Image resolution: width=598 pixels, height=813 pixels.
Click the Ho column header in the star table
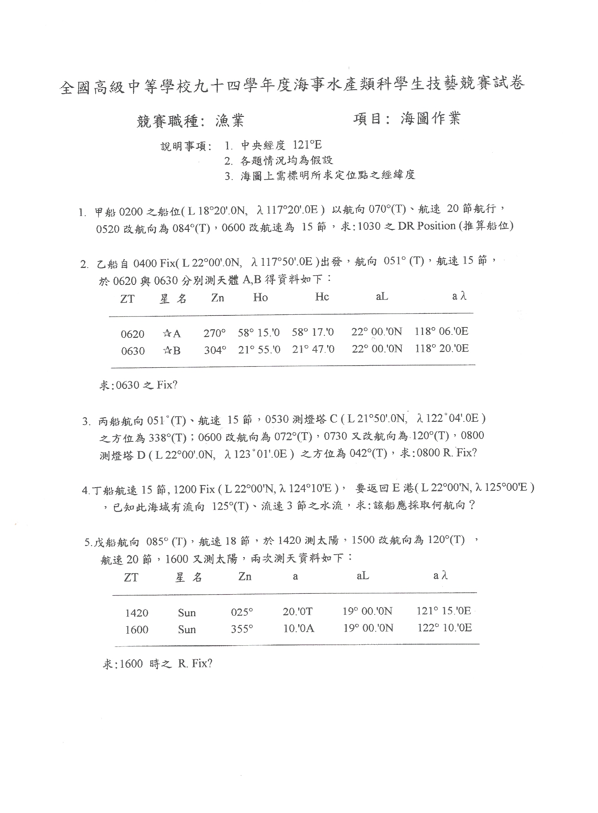[260, 297]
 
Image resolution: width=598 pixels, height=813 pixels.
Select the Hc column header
[322, 297]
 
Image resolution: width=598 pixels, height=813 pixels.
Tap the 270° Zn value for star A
[214, 333]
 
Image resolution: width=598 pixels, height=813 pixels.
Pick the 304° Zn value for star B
[215, 350]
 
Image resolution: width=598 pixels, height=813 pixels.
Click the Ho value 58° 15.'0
[259, 332]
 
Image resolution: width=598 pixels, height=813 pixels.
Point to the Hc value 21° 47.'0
[313, 349]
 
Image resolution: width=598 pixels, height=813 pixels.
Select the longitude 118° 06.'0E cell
[441, 331]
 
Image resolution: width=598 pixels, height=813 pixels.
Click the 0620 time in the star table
[132, 333]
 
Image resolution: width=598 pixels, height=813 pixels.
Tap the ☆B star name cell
[172, 351]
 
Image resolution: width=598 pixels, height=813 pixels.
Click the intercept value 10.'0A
[299, 628]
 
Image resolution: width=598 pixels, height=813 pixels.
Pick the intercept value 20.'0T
[298, 612]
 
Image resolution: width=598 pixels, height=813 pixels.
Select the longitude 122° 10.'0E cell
[444, 628]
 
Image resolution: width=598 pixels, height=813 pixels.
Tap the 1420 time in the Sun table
[137, 613]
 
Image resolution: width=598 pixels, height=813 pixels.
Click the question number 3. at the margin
[86, 421]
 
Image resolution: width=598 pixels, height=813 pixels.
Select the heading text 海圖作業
[430, 118]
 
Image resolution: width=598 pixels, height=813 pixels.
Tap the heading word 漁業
[230, 120]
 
